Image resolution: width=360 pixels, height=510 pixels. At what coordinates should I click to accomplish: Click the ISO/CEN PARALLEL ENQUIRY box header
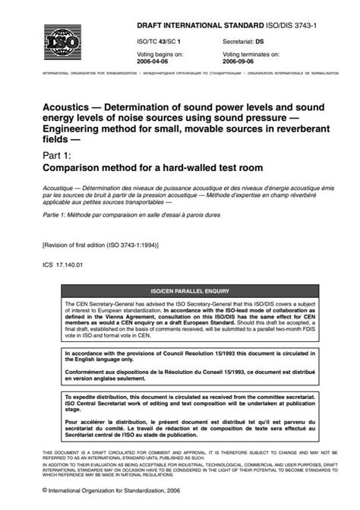pos(181,290)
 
